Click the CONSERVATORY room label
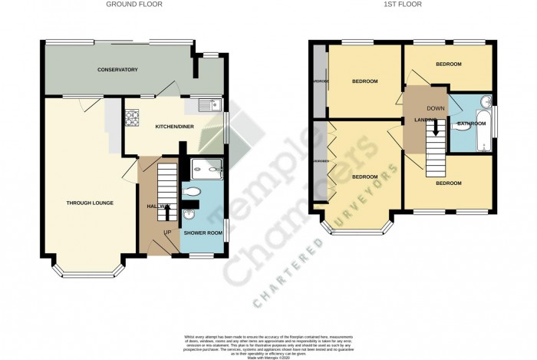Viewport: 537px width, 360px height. click(x=117, y=70)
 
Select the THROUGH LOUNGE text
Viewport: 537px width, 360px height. click(x=91, y=203)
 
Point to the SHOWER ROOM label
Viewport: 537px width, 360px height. click(x=203, y=233)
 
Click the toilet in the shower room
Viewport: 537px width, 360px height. click(x=195, y=190)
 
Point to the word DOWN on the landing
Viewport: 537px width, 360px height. click(x=436, y=109)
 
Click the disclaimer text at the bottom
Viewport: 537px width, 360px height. click(x=268, y=345)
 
